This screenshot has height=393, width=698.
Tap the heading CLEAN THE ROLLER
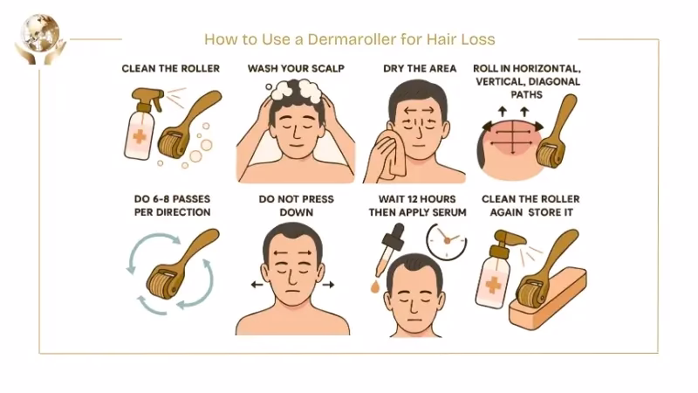[x=170, y=68]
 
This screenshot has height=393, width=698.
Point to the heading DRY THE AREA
[x=420, y=68]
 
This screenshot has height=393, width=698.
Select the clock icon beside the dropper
[x=446, y=240]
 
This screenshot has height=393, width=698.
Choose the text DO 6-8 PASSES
[x=170, y=198]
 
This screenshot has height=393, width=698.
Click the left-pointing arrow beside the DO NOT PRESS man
[x=254, y=285]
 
